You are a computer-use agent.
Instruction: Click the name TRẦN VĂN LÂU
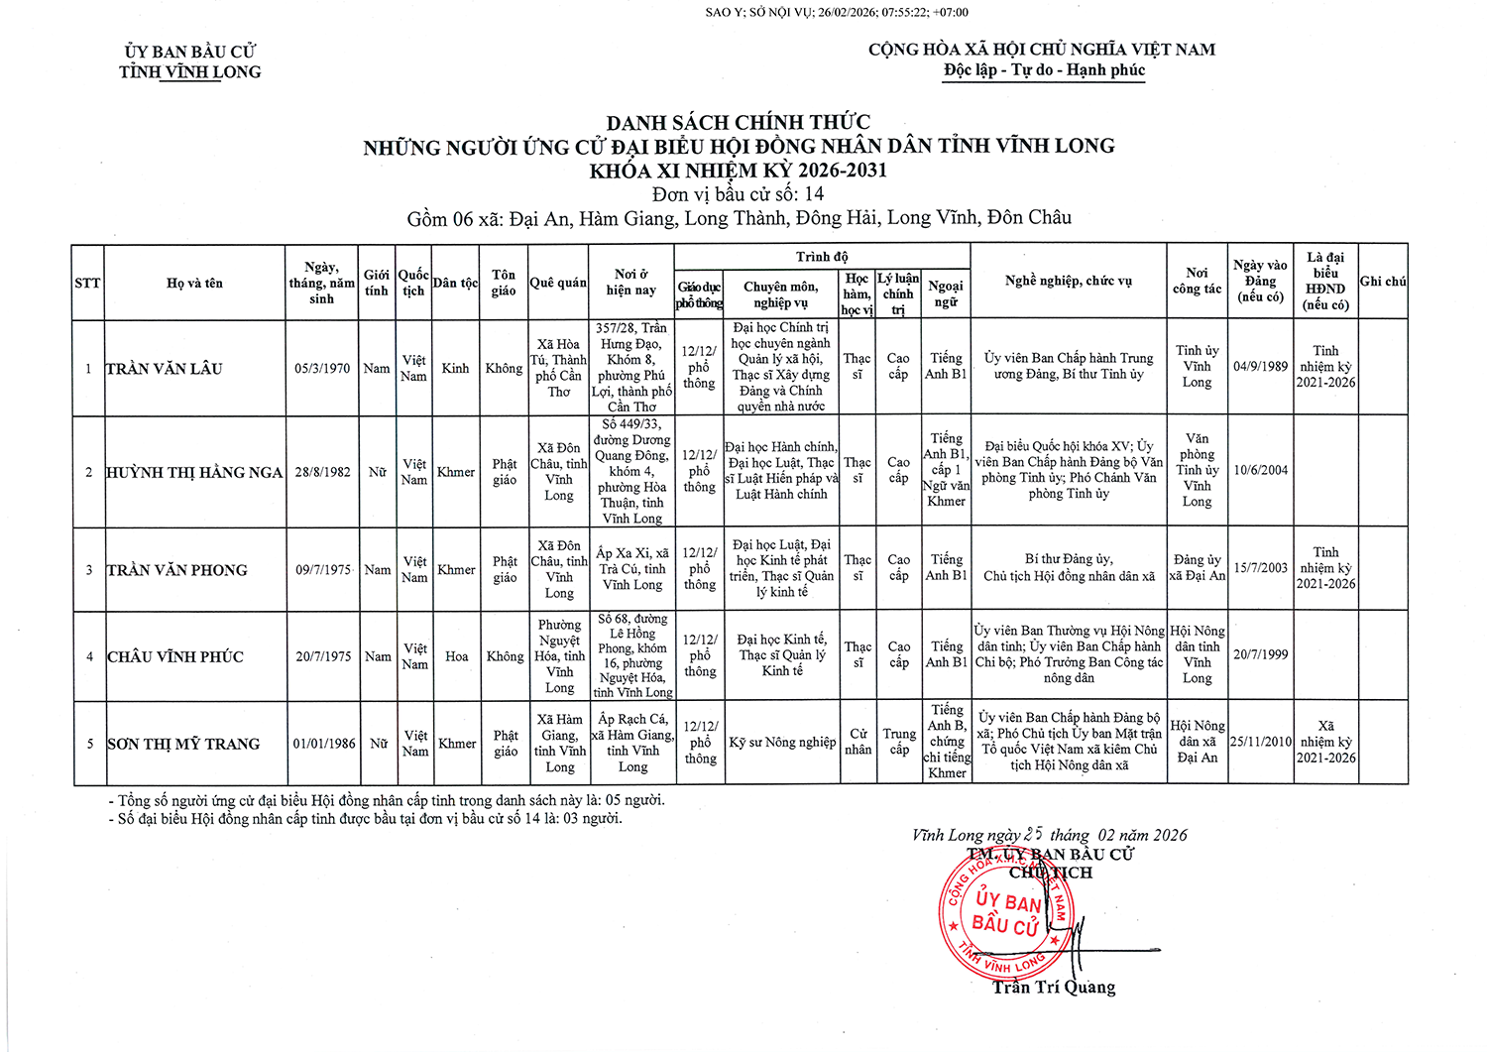165,369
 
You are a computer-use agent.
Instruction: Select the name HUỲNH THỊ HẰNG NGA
194,473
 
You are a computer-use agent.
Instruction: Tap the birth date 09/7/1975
323,570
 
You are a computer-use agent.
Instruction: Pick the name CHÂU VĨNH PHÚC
175,657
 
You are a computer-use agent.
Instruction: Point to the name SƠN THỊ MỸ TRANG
183,744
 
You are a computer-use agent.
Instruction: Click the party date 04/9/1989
1260,367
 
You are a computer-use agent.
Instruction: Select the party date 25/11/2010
1261,742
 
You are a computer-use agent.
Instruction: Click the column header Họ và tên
194,284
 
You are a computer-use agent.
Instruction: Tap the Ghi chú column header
1383,282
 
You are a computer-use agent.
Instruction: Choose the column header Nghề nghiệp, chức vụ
1068,282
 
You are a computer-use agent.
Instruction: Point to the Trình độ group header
822,257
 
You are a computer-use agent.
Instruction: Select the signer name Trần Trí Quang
1054,988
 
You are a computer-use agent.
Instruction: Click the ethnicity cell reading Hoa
456,656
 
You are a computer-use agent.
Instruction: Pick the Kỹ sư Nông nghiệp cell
782,743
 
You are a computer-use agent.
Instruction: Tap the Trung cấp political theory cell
899,742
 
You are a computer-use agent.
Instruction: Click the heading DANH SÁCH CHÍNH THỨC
739,122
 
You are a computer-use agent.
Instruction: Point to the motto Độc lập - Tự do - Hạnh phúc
1044,70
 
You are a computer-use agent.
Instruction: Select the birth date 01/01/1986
324,744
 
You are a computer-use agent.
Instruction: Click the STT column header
87,284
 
